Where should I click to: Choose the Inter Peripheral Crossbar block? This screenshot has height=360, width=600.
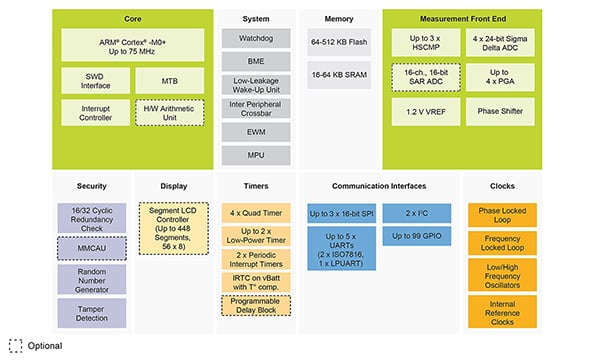pos(255,109)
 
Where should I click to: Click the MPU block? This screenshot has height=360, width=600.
pos(255,154)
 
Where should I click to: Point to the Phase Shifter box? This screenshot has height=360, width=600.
pos(502,112)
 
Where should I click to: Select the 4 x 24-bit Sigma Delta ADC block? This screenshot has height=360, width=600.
pos(502,44)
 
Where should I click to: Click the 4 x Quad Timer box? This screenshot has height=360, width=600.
pos(255,212)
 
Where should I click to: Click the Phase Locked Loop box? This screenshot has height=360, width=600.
pos(502,217)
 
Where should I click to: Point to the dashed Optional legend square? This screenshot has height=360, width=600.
pos(15,345)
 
